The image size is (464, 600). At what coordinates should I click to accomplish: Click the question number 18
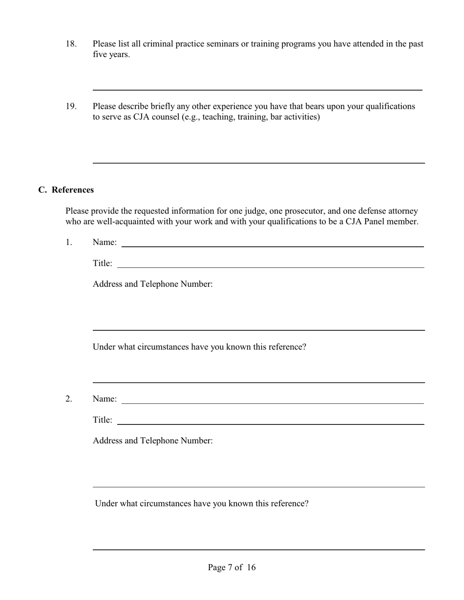(x=71, y=44)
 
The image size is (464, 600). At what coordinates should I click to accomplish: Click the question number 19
(x=71, y=106)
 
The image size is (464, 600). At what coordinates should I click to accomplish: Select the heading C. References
(x=66, y=190)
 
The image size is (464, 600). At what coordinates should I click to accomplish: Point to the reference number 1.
(x=68, y=242)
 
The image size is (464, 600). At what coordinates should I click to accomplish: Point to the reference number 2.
(x=68, y=399)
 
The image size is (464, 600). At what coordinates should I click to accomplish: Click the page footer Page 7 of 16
(x=232, y=567)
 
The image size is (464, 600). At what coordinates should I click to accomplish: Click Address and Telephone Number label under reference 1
(x=152, y=284)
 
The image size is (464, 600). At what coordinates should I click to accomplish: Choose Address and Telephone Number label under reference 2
(x=152, y=440)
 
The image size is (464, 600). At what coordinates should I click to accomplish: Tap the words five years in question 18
(x=111, y=55)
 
